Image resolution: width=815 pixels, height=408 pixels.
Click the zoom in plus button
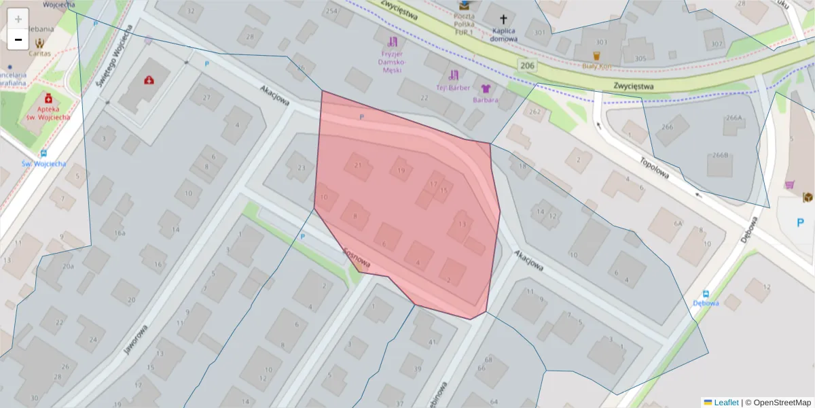coord(18,18)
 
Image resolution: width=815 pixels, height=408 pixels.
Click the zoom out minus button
coord(18,39)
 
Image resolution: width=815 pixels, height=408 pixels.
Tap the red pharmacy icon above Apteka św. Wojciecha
coord(49,98)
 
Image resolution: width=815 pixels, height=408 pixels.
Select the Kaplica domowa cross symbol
coord(504,20)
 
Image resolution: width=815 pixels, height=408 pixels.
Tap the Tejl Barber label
coord(454,87)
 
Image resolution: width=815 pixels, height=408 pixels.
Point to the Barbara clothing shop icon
coord(486,88)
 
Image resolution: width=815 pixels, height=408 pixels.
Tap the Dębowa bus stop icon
coord(706,292)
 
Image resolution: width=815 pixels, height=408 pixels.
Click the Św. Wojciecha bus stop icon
coord(43,153)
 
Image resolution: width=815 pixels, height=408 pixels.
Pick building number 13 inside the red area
coord(463,224)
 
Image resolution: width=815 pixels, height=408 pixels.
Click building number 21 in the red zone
coord(358,165)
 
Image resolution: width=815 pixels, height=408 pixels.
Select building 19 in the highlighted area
coord(401,170)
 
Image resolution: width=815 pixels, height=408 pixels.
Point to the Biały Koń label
coord(596,67)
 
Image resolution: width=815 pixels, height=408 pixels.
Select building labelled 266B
coord(720,155)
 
